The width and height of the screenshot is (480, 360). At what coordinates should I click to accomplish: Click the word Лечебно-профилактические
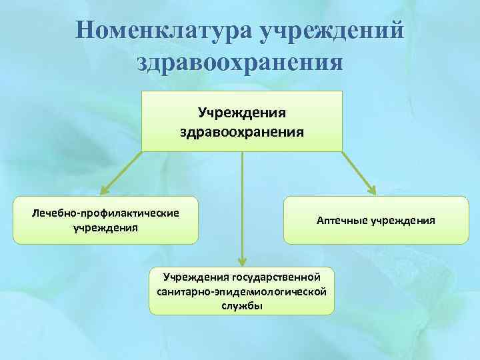pos(106,213)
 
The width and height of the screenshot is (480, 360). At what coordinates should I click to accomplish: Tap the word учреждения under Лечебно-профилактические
pos(106,227)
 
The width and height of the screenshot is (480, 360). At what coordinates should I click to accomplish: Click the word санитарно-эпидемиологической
pos(241,291)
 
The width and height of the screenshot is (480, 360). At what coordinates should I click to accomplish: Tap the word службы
pos(241,306)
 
